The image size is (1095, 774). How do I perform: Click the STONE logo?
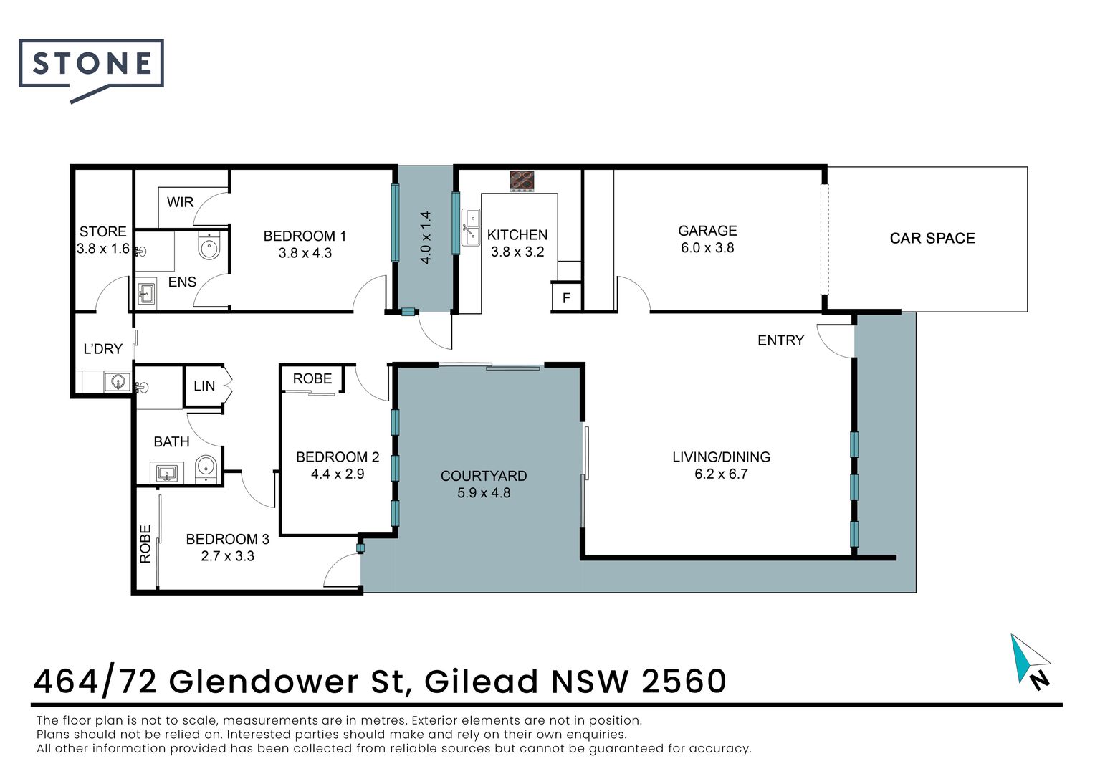click(x=91, y=65)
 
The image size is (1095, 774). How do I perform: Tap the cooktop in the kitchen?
click(x=522, y=181)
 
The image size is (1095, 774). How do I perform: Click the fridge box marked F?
click(x=566, y=297)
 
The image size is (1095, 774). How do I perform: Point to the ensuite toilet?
click(x=209, y=248)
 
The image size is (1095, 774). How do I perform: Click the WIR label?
click(x=180, y=202)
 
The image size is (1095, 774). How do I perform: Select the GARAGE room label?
click(x=707, y=231)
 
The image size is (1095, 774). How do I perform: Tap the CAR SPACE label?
click(x=932, y=239)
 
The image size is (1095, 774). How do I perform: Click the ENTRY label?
click(x=780, y=340)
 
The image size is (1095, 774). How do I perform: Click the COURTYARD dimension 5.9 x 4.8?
click(x=484, y=493)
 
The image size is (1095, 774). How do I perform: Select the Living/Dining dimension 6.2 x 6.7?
click(x=721, y=474)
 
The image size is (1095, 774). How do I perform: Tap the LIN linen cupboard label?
click(x=204, y=386)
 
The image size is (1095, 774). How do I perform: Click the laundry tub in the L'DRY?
click(x=116, y=381)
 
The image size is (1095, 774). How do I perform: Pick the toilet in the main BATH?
click(x=206, y=468)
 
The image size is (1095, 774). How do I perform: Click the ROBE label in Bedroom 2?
click(x=312, y=378)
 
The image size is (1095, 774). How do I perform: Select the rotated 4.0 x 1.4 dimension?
click(x=426, y=238)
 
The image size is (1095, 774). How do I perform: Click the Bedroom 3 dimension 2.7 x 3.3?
click(x=227, y=556)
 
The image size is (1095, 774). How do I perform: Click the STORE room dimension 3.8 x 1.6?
click(x=103, y=249)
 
